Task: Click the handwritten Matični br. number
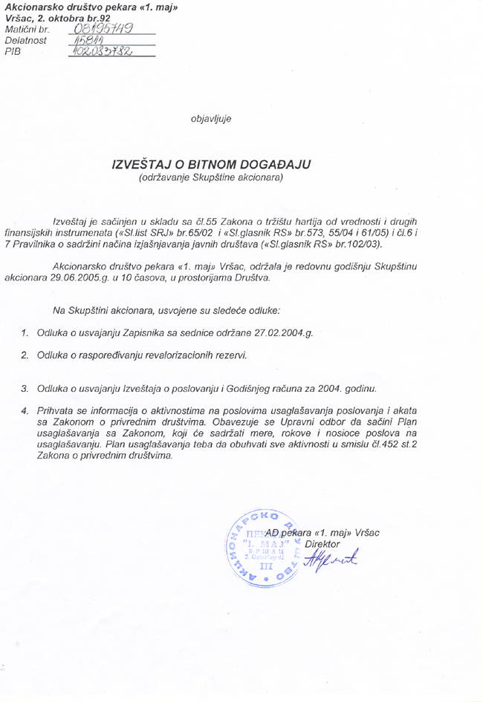click(105, 29)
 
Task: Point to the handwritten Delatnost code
click(89, 41)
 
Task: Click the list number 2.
click(24, 356)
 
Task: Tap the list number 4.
click(24, 410)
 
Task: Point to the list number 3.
click(24, 388)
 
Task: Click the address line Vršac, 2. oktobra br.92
click(57, 16)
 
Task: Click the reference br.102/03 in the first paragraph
click(357, 243)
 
